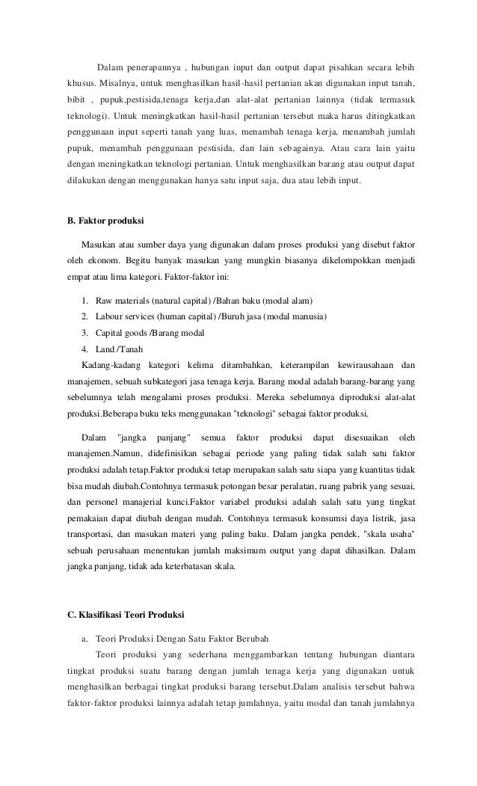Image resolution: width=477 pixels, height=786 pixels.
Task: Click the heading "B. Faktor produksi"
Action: tap(105, 221)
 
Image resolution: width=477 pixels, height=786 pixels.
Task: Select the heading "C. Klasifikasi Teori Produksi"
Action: tap(125, 615)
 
